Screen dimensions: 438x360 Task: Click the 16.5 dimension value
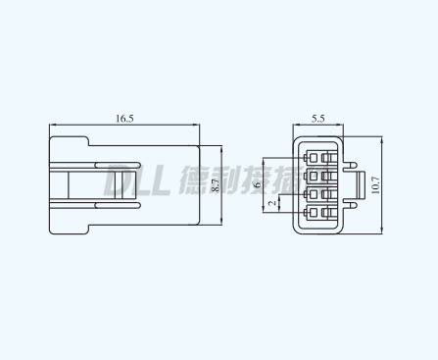(124, 119)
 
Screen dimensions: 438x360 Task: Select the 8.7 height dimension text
(216, 185)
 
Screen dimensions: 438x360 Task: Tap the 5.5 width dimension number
(317, 119)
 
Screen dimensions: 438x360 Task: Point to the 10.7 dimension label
(375, 185)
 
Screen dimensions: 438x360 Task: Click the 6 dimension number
(258, 185)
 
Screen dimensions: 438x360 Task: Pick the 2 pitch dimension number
(271, 203)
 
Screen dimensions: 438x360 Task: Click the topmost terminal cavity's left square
(314, 158)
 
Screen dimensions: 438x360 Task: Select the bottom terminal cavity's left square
(314, 213)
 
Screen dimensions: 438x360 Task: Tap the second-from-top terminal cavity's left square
(314, 177)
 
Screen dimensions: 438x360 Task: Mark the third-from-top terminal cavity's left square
(314, 194)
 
